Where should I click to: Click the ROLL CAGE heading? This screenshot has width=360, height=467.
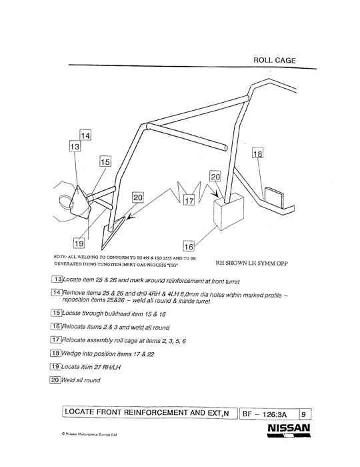pyautogui.click(x=274, y=60)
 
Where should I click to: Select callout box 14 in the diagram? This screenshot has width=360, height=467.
pyautogui.click(x=85, y=135)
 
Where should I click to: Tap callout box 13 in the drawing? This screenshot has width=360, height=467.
pyautogui.click(x=75, y=146)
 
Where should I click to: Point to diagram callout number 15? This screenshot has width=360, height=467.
pyautogui.click(x=105, y=162)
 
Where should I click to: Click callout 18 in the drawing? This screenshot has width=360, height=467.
pyautogui.click(x=257, y=153)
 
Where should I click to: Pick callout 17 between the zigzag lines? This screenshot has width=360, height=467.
pyautogui.click(x=189, y=200)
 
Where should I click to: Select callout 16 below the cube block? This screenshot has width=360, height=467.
pyautogui.click(x=189, y=246)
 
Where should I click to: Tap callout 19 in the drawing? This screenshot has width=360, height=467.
pyautogui.click(x=79, y=244)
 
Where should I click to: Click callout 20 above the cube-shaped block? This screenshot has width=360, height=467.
pyautogui.click(x=215, y=176)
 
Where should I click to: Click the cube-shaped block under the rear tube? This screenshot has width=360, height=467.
pyautogui.click(x=229, y=211)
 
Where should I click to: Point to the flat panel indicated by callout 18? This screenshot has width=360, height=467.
pyautogui.click(x=274, y=197)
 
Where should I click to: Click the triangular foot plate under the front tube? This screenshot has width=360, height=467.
pyautogui.click(x=112, y=233)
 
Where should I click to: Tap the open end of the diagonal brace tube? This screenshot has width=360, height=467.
pyautogui.click(x=225, y=147)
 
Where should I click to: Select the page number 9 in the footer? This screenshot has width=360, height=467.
pyautogui.click(x=303, y=414)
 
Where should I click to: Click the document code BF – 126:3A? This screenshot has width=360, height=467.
pyautogui.click(x=265, y=414)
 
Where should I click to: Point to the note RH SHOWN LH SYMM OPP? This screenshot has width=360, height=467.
pyautogui.click(x=251, y=263)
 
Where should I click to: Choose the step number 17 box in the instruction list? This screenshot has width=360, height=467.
pyautogui.click(x=55, y=340)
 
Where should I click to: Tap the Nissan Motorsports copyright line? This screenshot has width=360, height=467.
pyautogui.click(x=89, y=434)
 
